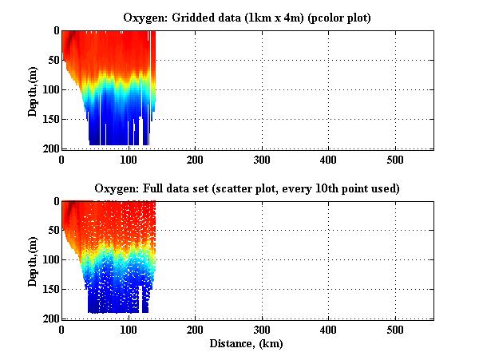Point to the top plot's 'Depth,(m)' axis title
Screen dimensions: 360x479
[x=33, y=89]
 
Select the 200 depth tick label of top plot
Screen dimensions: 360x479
[x=47, y=148]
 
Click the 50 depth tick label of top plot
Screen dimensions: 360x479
[x=50, y=60]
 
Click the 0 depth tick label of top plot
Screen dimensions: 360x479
[x=53, y=30]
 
